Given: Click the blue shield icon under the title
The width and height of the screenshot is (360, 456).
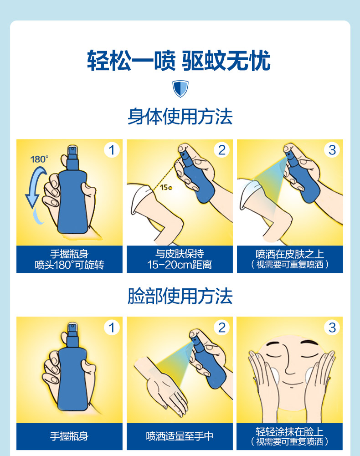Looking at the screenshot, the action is (x=180, y=89).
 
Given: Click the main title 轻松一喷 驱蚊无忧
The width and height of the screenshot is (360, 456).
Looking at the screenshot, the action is (x=179, y=61).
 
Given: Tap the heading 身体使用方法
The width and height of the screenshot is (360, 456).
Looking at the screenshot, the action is (x=180, y=116).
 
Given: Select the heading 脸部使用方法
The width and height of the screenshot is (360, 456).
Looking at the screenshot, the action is (x=180, y=296).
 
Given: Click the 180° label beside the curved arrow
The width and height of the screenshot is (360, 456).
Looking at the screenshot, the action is (x=39, y=159).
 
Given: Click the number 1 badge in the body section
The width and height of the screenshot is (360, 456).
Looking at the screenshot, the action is (x=112, y=150).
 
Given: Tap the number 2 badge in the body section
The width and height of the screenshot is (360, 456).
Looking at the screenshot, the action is (x=222, y=150).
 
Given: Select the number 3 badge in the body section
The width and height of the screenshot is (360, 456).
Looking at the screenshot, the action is (x=332, y=150).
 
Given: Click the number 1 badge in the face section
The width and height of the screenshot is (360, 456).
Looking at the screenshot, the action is (x=112, y=328).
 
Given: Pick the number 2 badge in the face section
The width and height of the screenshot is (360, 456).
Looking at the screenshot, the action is (x=222, y=328).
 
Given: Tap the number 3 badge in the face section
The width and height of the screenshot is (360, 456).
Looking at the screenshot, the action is (x=332, y=328).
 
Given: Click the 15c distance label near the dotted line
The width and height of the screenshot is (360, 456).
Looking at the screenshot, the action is (x=166, y=187).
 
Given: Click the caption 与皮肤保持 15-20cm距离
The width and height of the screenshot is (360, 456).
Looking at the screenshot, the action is (x=180, y=259).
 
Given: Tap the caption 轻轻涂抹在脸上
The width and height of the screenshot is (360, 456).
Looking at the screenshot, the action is (x=289, y=431).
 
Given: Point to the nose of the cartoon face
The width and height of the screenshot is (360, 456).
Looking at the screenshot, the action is (x=289, y=361).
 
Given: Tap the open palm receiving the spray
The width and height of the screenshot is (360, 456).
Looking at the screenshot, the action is (x=165, y=389).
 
